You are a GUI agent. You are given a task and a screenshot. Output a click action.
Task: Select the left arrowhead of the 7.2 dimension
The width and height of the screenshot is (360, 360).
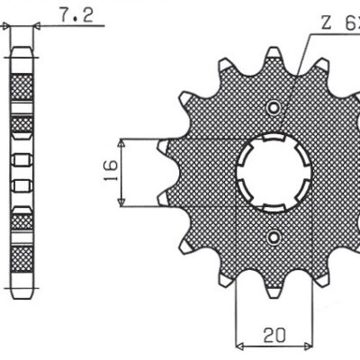(13, 26)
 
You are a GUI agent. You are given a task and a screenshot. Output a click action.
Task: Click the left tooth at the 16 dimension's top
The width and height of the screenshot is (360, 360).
(166, 145)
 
